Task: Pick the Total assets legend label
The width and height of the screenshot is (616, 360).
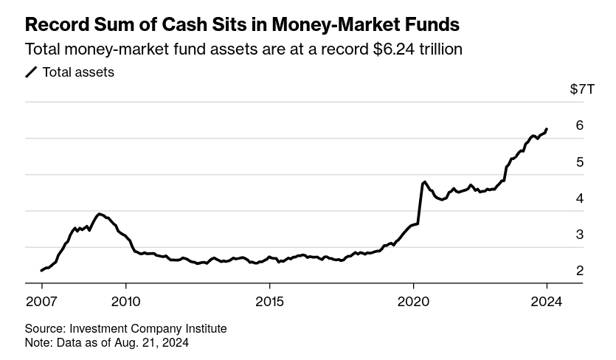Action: pyautogui.click(x=78, y=72)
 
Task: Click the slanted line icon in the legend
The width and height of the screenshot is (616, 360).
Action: pyautogui.click(x=32, y=72)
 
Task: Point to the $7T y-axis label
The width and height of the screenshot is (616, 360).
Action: pyautogui.click(x=581, y=89)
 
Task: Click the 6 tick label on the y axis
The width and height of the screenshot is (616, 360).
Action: pyautogui.click(x=580, y=125)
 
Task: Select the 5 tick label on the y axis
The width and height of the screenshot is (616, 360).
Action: pyautogui.click(x=580, y=162)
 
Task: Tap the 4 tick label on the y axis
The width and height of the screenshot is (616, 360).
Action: pyautogui.click(x=580, y=198)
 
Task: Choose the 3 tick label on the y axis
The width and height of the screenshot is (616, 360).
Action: pyautogui.click(x=580, y=235)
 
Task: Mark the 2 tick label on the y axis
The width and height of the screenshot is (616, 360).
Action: pyautogui.click(x=580, y=271)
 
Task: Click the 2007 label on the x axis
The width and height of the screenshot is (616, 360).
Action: pyautogui.click(x=42, y=301)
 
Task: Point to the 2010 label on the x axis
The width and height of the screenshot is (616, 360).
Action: pyautogui.click(x=125, y=301)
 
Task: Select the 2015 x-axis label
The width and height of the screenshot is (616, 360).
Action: pyautogui.click(x=269, y=301)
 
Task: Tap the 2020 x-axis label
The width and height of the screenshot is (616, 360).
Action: pyautogui.click(x=413, y=301)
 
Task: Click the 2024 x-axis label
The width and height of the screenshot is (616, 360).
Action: pyautogui.click(x=547, y=301)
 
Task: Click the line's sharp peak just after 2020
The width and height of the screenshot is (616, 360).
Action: pyautogui.click(x=424, y=181)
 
